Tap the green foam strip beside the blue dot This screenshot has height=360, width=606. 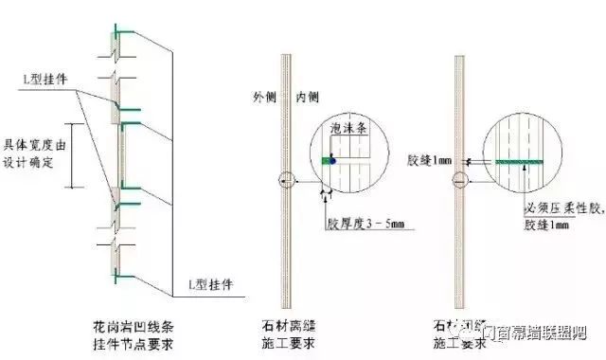click(x=325, y=161)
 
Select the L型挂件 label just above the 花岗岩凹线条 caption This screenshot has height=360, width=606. click(x=205, y=283)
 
